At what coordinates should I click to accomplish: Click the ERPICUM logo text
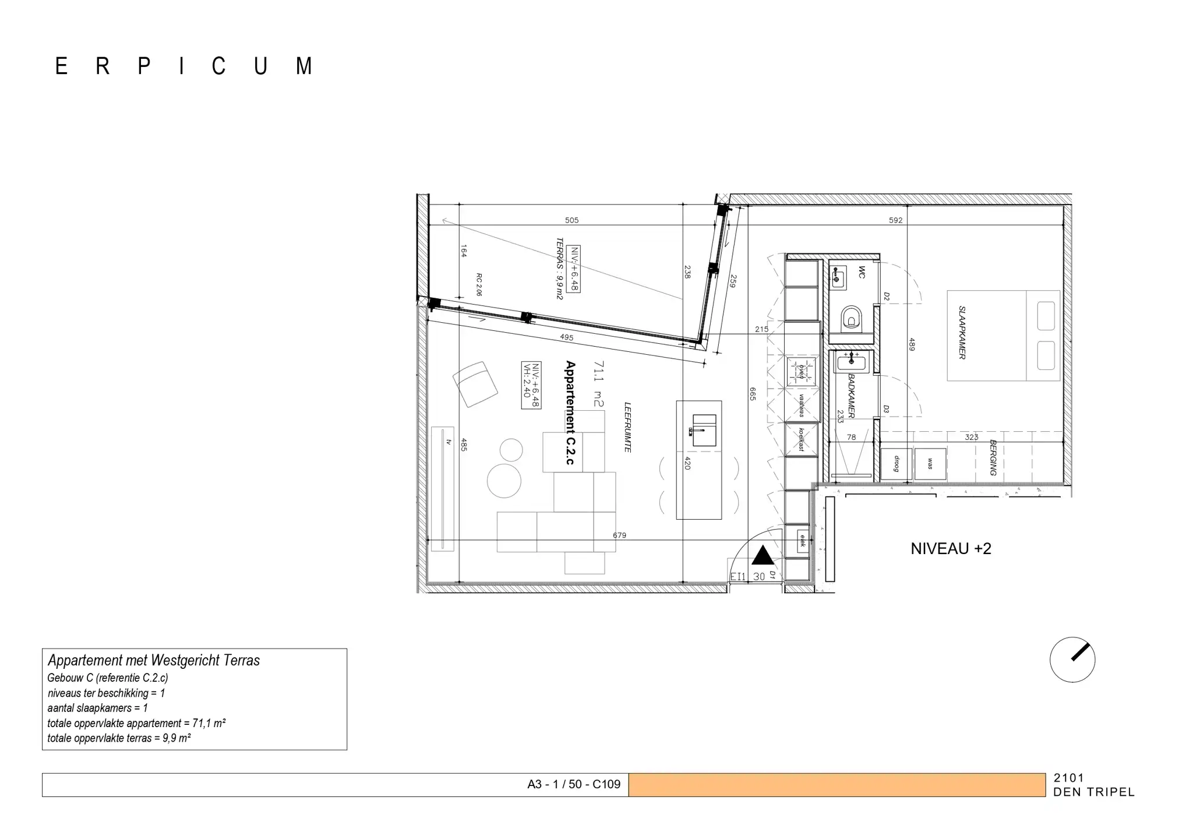[184, 66]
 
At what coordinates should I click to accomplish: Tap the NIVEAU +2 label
[950, 549]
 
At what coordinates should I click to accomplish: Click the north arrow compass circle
[1072, 660]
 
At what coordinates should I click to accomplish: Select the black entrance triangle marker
[763, 556]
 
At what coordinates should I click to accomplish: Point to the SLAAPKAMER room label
[962, 333]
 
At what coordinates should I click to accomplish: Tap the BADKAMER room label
[851, 396]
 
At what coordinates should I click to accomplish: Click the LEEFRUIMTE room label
[627, 427]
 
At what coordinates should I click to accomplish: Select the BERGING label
[993, 458]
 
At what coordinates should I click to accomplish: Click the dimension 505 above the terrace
[571, 220]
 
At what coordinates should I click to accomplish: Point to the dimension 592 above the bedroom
[895, 220]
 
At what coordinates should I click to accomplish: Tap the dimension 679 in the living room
[619, 535]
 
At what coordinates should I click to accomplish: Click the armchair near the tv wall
[475, 384]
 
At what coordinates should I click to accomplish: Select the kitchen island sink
[704, 431]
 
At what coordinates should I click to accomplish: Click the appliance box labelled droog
[896, 464]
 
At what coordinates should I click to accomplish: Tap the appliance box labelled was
[930, 464]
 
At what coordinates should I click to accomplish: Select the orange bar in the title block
[836, 785]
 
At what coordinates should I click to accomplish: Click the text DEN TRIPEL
[1093, 792]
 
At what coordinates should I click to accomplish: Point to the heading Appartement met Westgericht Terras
[154, 660]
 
